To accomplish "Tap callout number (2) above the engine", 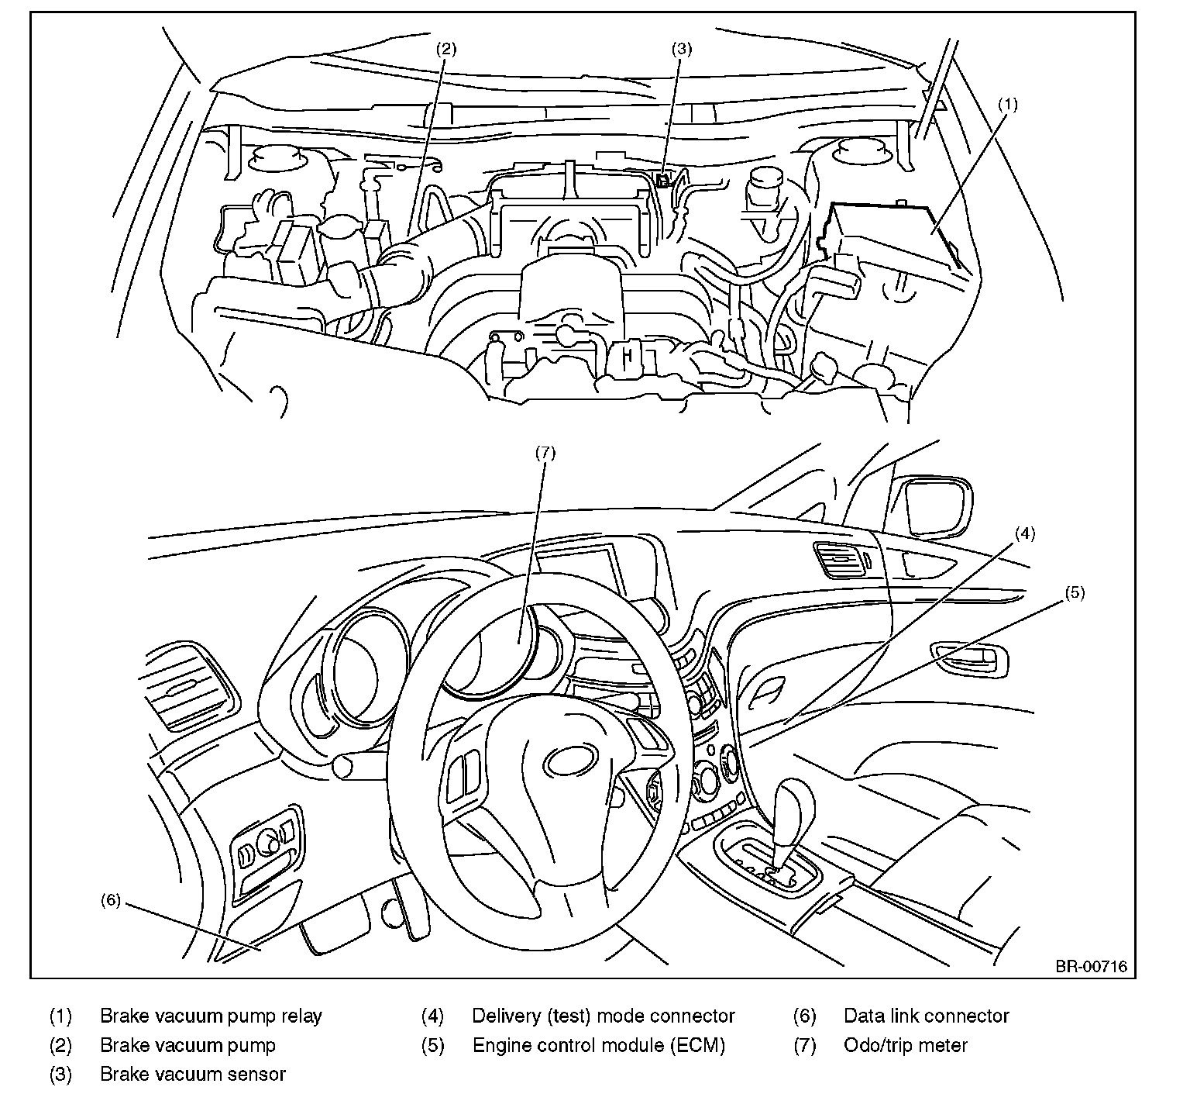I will [x=445, y=49].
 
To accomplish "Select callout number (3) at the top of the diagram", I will [x=681, y=49].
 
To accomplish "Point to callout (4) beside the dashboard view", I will [x=1024, y=533].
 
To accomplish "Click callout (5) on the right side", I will [x=1074, y=593].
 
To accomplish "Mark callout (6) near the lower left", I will [x=111, y=900].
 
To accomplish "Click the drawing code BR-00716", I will [x=1090, y=967].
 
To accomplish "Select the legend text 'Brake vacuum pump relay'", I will [x=211, y=1016].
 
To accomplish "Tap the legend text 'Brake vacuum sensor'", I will [x=193, y=1075].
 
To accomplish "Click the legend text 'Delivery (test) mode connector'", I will [x=604, y=1016].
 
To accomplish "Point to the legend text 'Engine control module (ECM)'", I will [x=599, y=1045].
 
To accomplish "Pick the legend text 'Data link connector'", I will [x=927, y=1016].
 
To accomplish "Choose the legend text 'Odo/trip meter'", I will [x=906, y=1045].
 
